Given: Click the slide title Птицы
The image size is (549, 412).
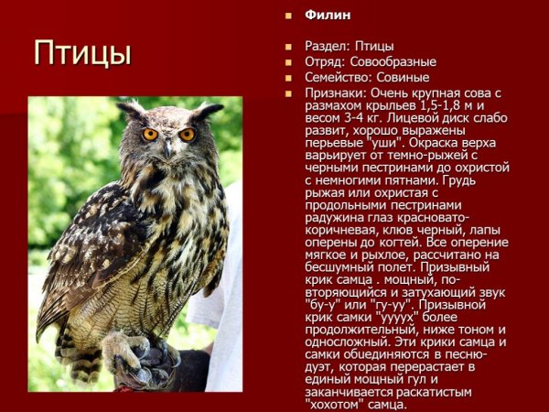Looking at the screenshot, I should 82,52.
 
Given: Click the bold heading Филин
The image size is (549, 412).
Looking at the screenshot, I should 328,15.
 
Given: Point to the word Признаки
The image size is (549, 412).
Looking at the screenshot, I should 333,93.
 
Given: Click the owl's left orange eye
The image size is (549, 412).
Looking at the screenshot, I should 150,135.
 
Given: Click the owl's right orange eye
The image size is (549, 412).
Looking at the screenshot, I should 187,134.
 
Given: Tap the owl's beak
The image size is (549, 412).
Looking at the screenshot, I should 169,146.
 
